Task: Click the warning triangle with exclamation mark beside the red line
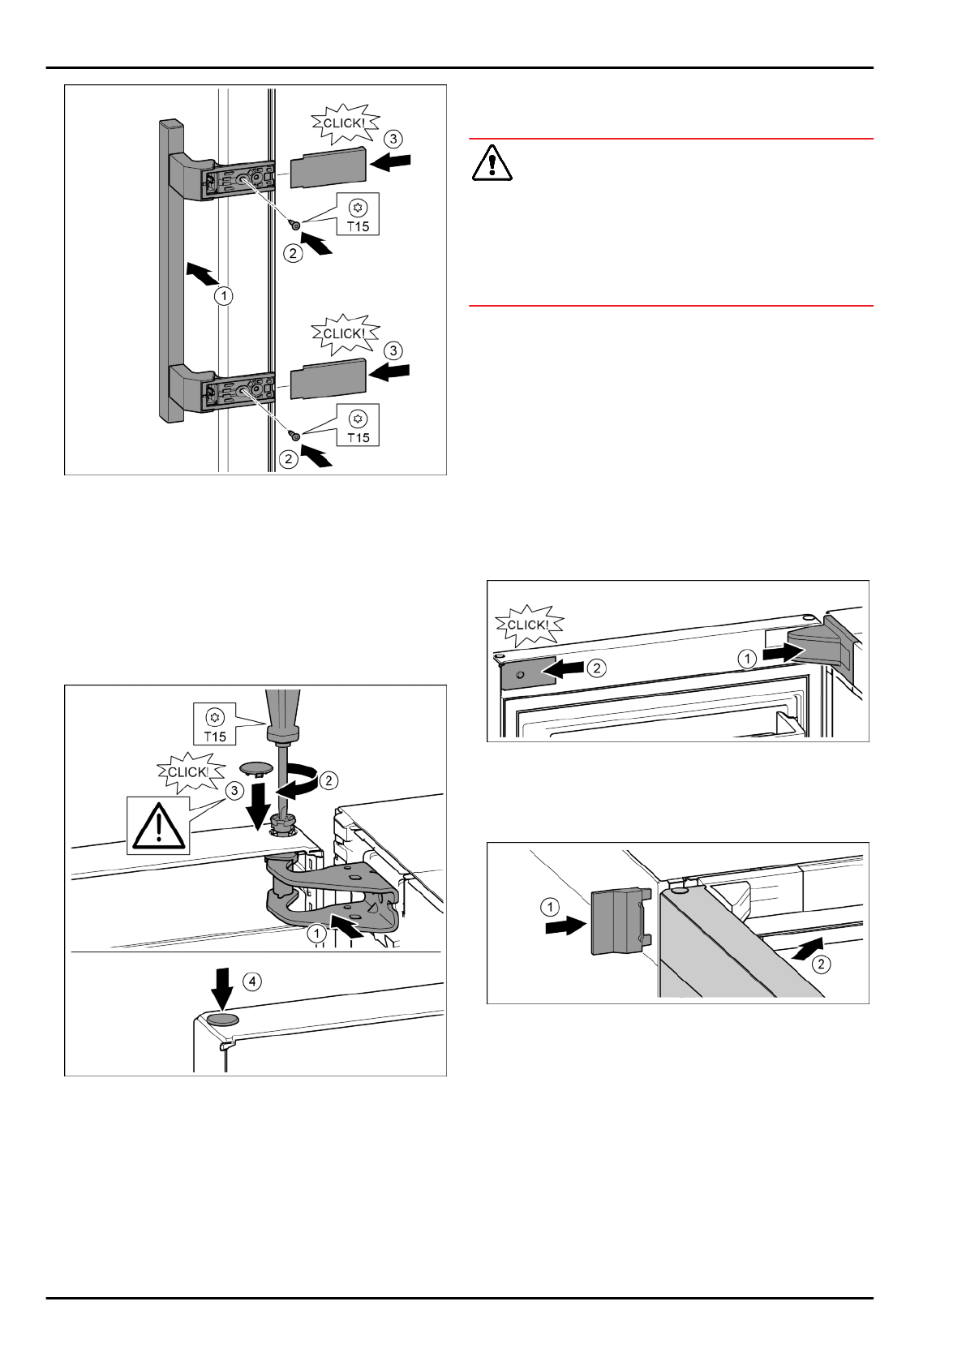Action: (492, 164)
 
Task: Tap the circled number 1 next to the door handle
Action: (223, 297)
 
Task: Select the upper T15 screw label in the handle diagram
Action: (358, 216)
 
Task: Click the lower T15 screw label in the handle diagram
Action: (358, 427)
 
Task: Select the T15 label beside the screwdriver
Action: (214, 725)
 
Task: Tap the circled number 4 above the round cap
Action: (254, 982)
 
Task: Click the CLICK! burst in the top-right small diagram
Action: (526, 625)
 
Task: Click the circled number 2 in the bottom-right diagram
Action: (822, 964)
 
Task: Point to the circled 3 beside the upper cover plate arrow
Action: (393, 140)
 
